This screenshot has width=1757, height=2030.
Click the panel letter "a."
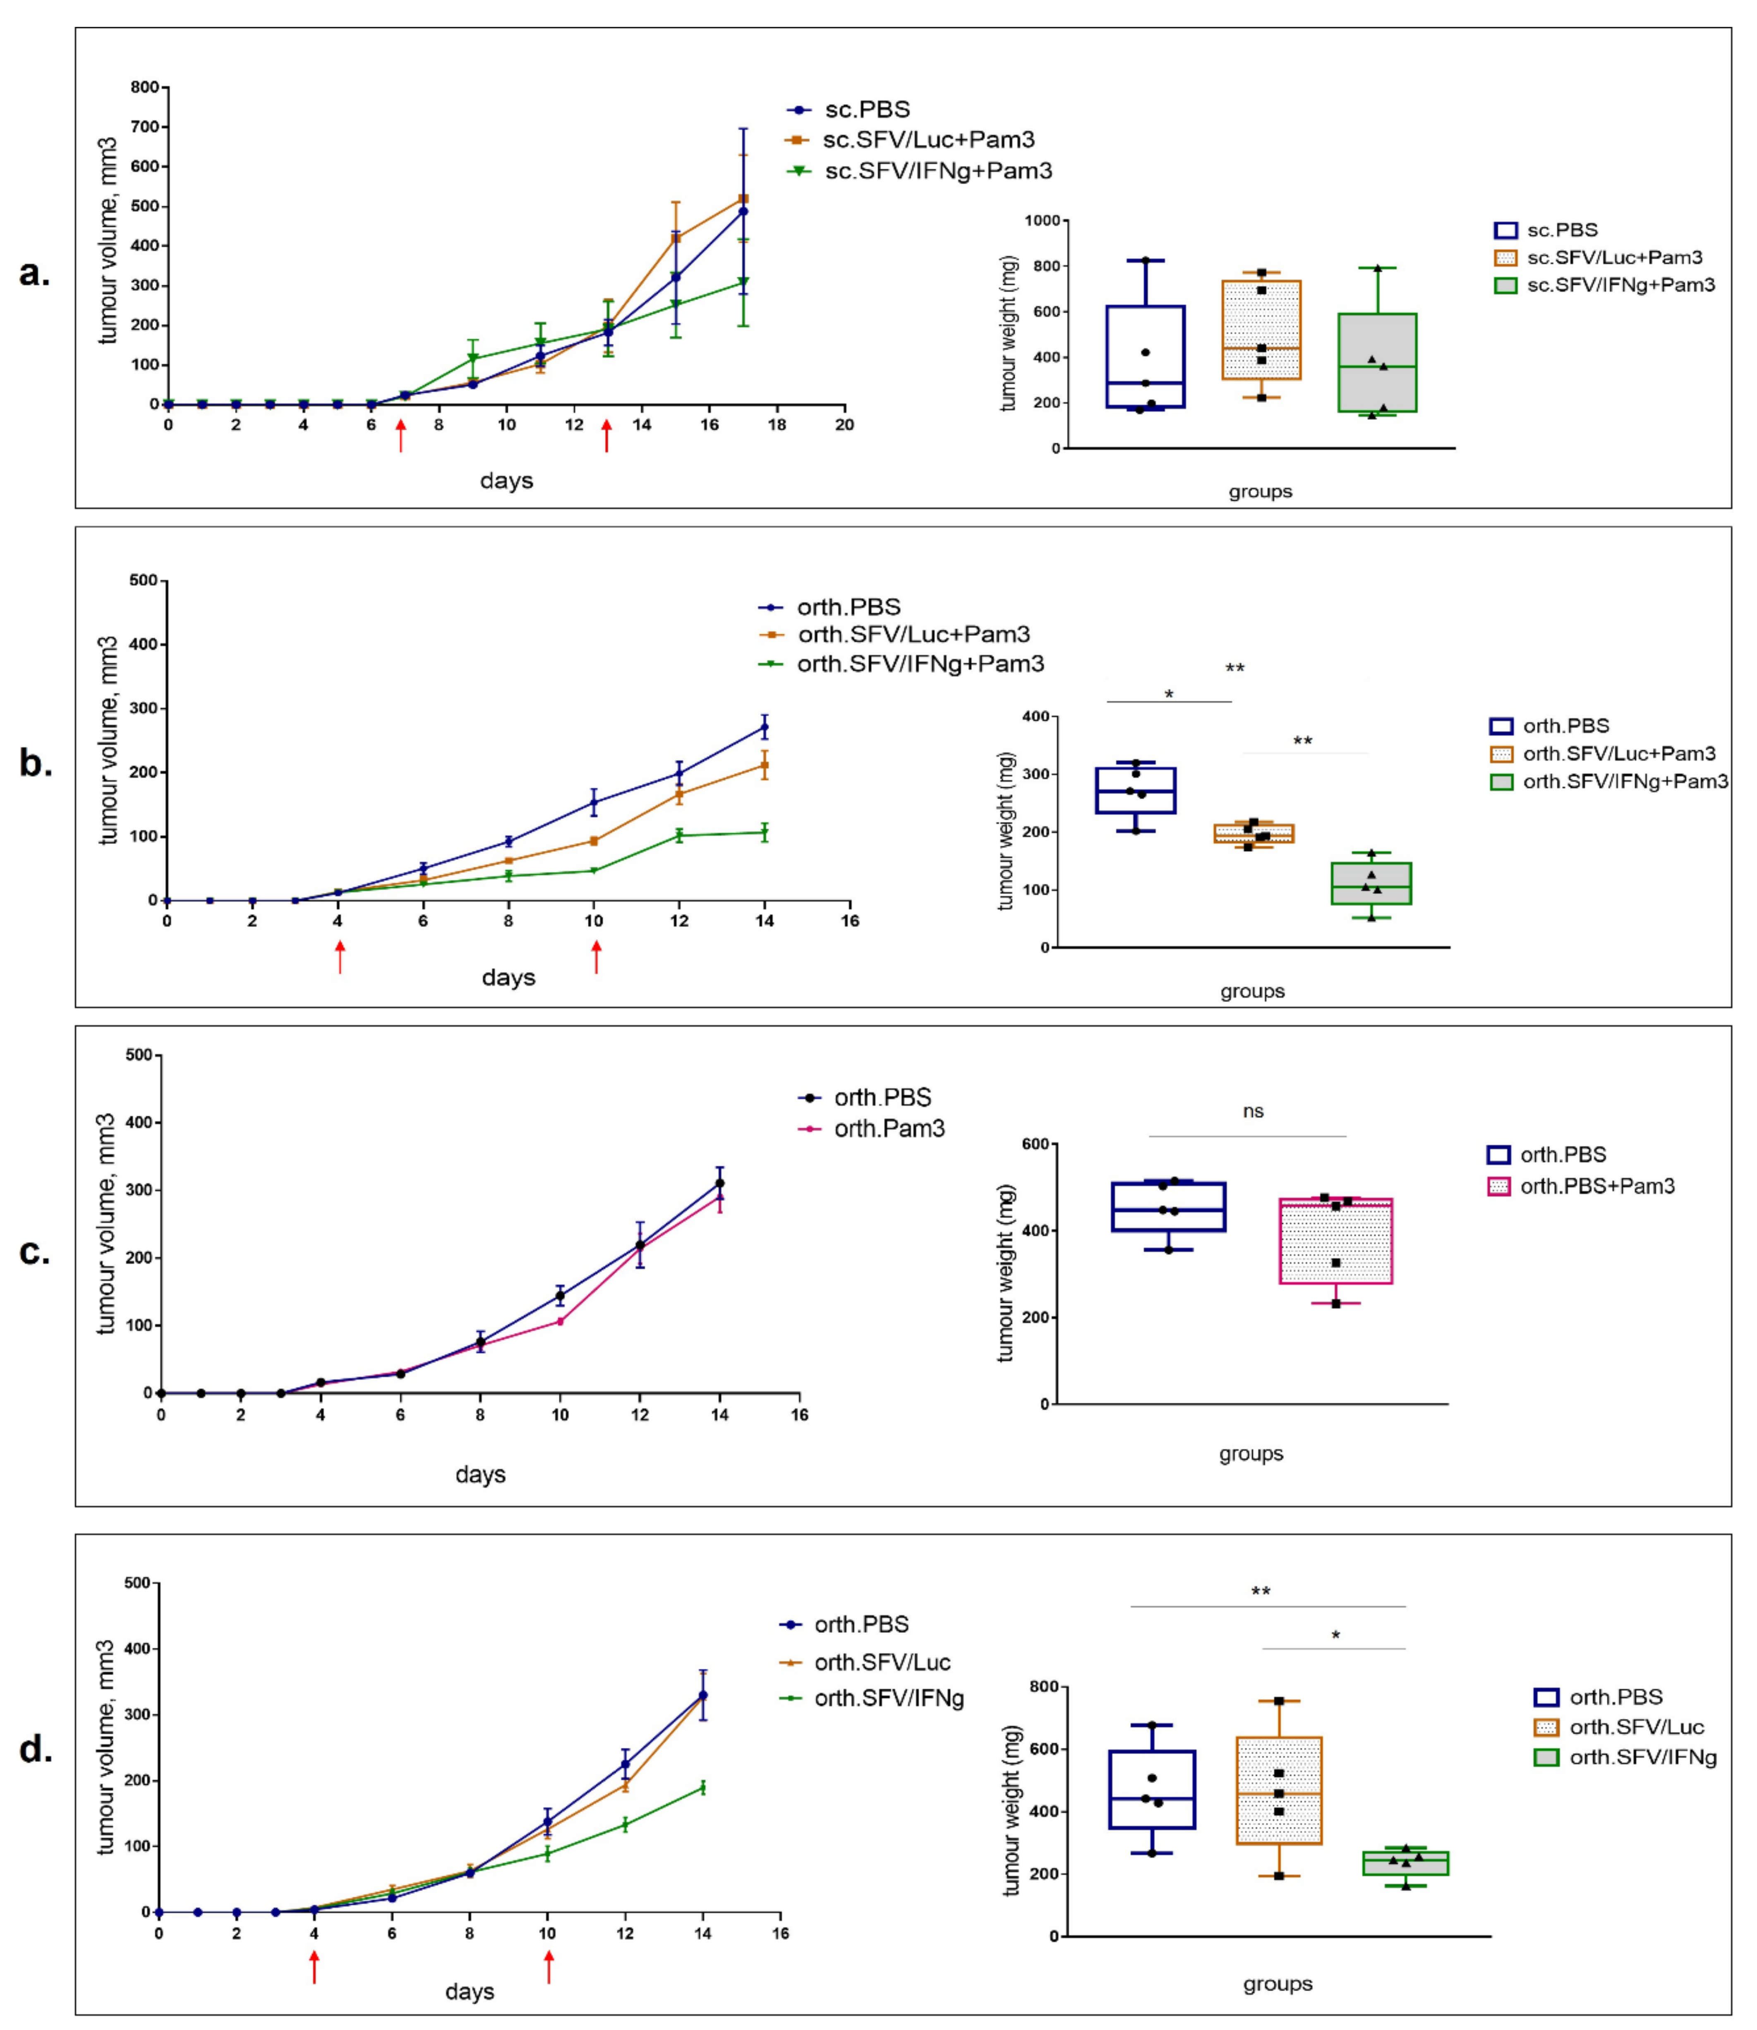pyautogui.click(x=34, y=273)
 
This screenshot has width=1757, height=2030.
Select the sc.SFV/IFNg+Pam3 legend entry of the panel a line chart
pyautogui.click(x=920, y=172)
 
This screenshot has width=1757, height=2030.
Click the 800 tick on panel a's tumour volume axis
pyautogui.click(x=144, y=87)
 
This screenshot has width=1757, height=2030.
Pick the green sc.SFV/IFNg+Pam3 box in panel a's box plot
pyautogui.click(x=1378, y=363)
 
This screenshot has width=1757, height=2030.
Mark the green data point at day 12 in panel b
pyautogui.click(x=678, y=835)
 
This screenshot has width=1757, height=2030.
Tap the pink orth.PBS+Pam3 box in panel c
pyautogui.click(x=1335, y=1241)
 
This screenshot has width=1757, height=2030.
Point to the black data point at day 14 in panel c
pyautogui.click(x=720, y=1183)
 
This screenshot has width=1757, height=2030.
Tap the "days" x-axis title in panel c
pyautogui.click(x=480, y=1474)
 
